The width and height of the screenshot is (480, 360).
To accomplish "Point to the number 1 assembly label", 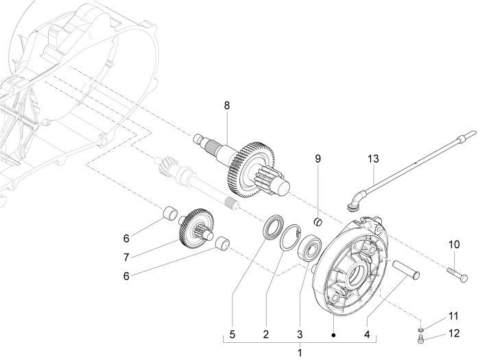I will pos(298,352).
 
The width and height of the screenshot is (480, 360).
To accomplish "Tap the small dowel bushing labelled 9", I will pos(318,221).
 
